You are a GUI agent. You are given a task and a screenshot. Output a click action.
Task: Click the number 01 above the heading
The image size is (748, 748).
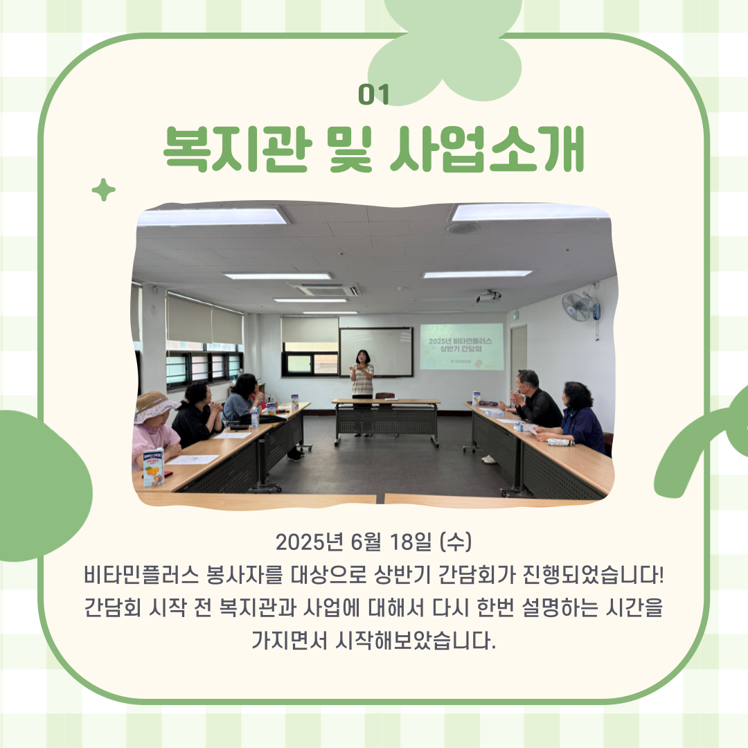(x=373, y=94)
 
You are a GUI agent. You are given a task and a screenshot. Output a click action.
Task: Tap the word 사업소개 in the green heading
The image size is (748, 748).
(x=487, y=150)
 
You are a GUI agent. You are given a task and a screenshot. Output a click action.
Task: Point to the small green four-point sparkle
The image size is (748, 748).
(x=103, y=189)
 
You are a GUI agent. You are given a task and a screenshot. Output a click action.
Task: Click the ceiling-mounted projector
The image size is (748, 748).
(x=488, y=296)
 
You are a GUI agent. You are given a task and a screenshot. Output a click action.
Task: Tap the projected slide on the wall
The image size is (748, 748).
(x=461, y=346)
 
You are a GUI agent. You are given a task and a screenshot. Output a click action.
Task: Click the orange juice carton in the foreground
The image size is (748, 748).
(x=153, y=467)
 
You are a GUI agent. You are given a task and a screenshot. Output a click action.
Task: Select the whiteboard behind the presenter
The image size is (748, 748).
(x=376, y=352)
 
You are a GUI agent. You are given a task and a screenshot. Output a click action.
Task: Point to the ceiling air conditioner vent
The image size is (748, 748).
(x=324, y=289)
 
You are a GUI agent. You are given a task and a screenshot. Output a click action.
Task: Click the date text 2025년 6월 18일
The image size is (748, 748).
(x=353, y=542)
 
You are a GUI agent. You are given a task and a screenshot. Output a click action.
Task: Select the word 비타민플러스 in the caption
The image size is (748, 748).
(x=141, y=575)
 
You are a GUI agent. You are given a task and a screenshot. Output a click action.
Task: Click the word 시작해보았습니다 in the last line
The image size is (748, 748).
(x=416, y=640)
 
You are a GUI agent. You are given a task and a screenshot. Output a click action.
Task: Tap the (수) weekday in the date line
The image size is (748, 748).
(x=456, y=542)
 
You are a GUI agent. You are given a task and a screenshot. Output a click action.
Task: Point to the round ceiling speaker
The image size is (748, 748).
(x=461, y=228)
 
